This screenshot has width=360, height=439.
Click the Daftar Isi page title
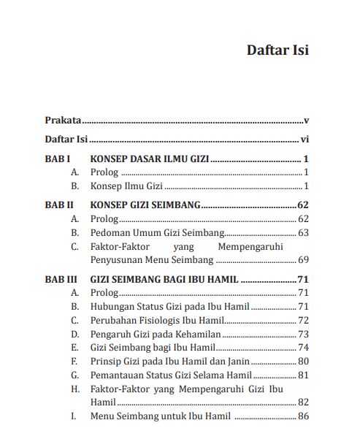pos(277,50)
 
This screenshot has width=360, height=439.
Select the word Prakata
pos(62,119)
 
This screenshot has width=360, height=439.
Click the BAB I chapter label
pos(57,159)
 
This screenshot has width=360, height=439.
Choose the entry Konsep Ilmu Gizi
pos(117,186)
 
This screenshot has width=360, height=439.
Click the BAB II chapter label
pos(58,206)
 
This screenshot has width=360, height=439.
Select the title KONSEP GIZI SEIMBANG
pos(145,206)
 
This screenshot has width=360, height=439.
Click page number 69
pos(304,260)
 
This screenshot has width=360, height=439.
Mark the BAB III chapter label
pos(60,279)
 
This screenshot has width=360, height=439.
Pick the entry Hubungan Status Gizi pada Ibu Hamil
pos(169,306)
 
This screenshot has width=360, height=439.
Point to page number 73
pos(304,334)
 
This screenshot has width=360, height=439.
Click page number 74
pos(304,347)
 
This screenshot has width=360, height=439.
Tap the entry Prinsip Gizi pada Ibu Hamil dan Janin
pos(170,361)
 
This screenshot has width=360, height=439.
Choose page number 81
pos(304,375)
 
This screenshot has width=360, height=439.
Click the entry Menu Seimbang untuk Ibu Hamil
pos(160,416)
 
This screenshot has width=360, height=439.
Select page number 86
pos(304,416)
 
